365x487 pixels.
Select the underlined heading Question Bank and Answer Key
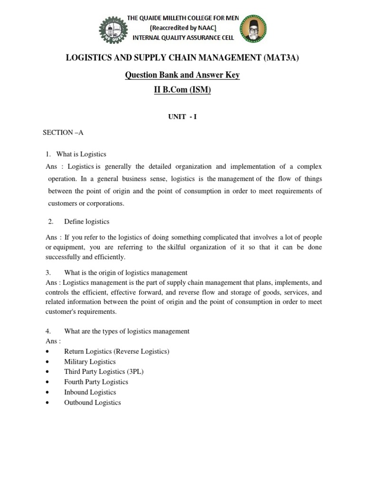[x=182, y=75]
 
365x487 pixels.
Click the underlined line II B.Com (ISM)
[x=182, y=90]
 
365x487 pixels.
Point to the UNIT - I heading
[x=182, y=117]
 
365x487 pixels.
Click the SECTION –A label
[x=63, y=133]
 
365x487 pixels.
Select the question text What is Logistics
[x=81, y=154]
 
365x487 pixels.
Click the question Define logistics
[x=86, y=222]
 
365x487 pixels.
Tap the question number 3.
[x=48, y=273]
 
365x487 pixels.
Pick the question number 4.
[x=48, y=331]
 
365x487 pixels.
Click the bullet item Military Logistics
[x=90, y=362]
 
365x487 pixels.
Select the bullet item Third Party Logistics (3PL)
[x=104, y=372]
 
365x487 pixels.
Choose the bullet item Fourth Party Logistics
[x=96, y=382]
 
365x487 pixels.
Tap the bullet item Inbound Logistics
[x=90, y=392]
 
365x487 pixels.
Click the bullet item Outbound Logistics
[x=92, y=402]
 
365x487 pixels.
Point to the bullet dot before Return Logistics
[x=48, y=352]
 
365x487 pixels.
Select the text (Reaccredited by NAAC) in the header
[x=183, y=28]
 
